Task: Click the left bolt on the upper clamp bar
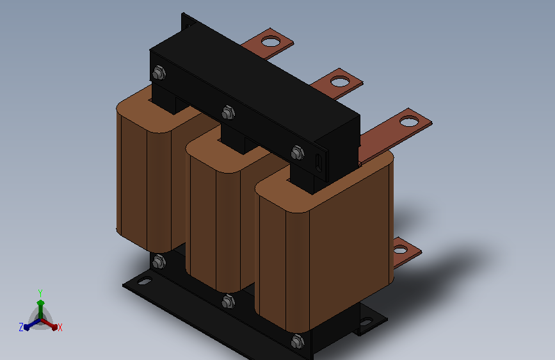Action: coord(159,73)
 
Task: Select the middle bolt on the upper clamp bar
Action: coord(229,113)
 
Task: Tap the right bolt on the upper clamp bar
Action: coord(298,152)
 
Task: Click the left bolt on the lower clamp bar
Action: coord(159,262)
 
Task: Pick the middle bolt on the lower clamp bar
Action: coord(229,302)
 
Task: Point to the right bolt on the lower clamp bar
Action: coord(298,341)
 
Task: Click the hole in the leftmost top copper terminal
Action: coord(270,42)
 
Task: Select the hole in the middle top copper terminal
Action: coord(340,81)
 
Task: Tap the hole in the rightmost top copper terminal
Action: coord(409,122)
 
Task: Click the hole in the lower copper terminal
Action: coord(400,250)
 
